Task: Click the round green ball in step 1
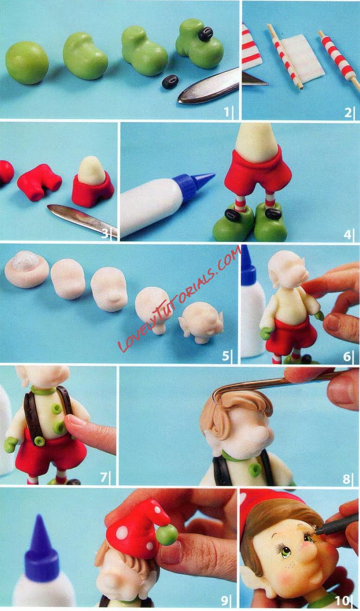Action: (27, 62)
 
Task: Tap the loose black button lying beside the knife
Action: (170, 81)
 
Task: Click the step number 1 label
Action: (226, 111)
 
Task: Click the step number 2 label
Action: (348, 112)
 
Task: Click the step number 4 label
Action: (347, 235)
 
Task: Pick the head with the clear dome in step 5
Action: (27, 269)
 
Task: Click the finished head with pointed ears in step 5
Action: (202, 323)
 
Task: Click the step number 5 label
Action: (225, 356)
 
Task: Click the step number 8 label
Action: (346, 479)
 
